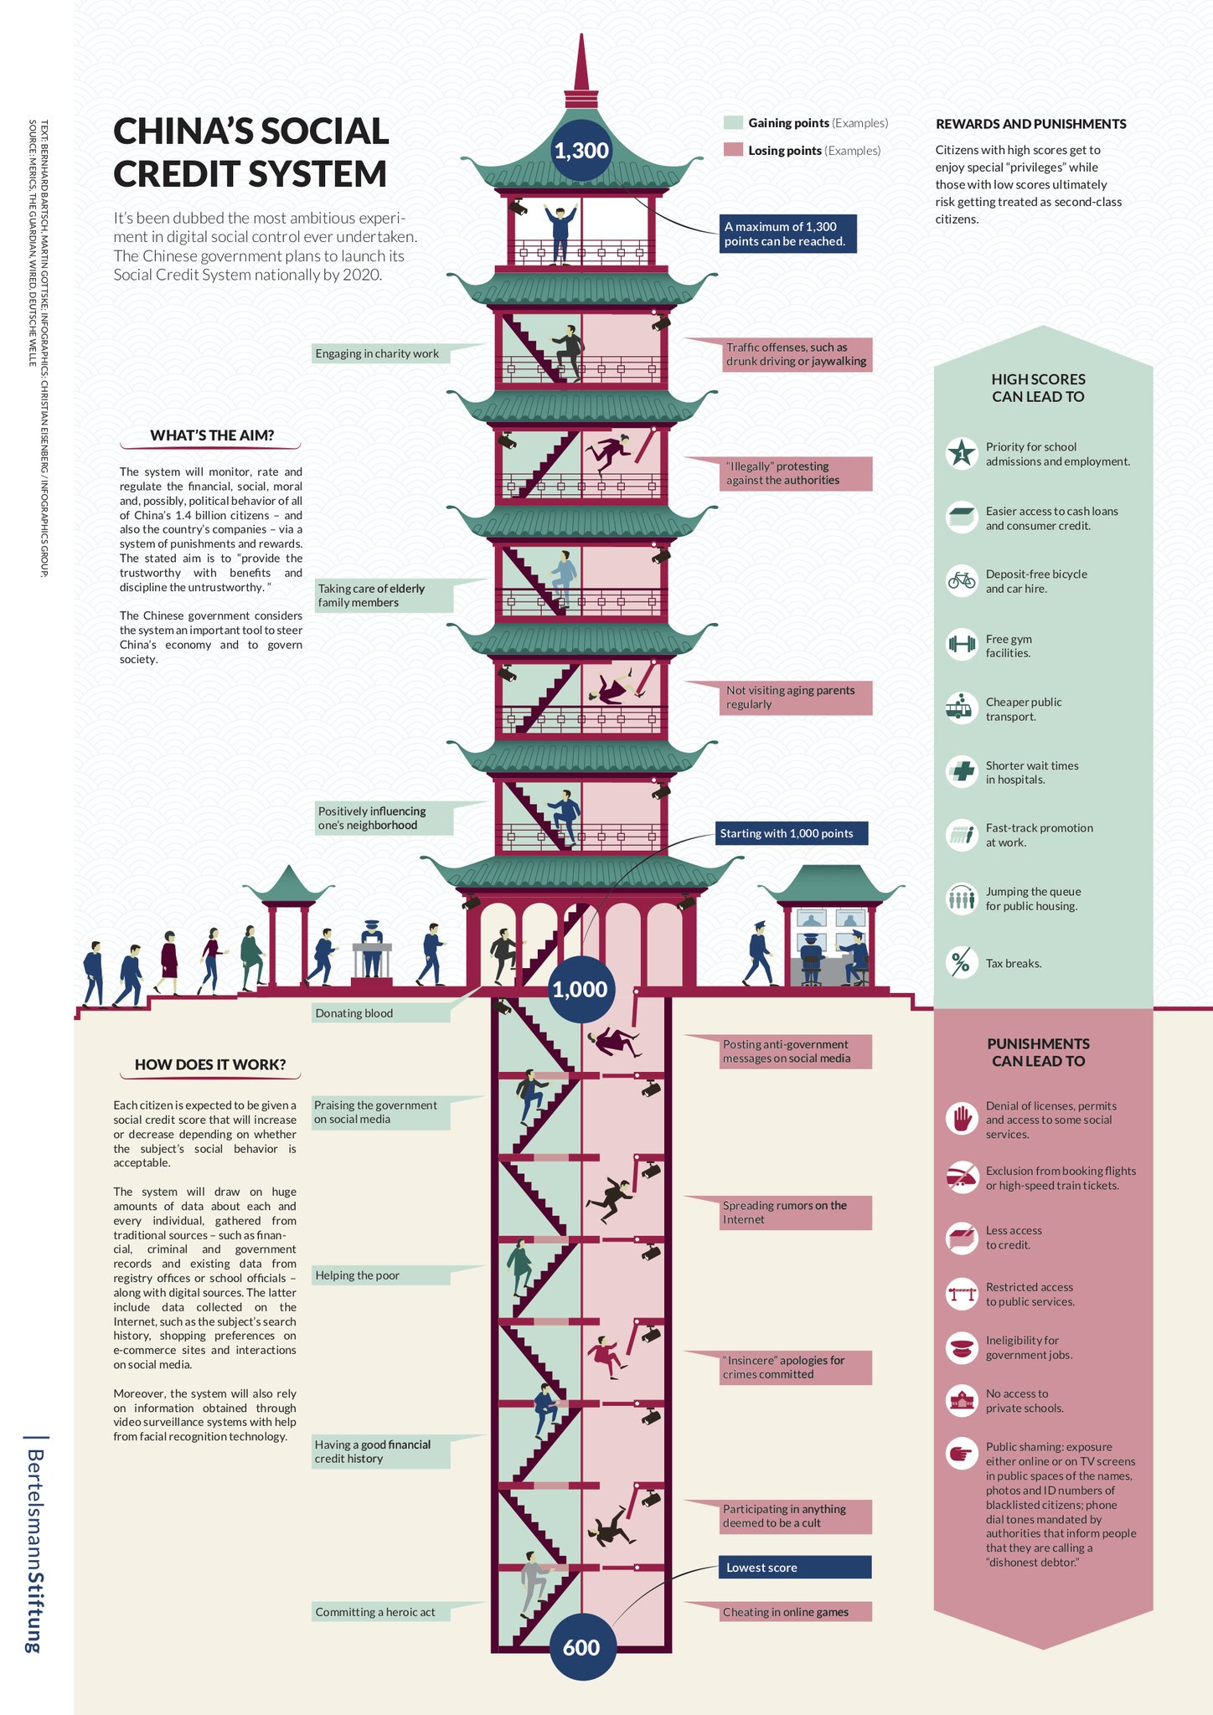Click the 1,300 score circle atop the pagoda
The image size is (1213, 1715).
click(581, 151)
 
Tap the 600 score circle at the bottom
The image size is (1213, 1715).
click(581, 1646)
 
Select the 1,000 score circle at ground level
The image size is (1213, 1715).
click(580, 989)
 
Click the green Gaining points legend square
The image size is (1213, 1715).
click(733, 123)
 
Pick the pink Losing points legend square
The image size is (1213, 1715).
click(733, 150)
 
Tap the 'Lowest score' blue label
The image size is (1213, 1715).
click(793, 1567)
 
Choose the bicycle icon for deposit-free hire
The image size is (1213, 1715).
click(962, 580)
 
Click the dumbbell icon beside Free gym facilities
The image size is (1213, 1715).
click(962, 644)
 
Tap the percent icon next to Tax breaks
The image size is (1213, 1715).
click(961, 962)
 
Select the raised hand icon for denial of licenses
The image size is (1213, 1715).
click(961, 1118)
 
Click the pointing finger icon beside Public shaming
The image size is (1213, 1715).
click(961, 1453)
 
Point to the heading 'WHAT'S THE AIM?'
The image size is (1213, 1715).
click(212, 435)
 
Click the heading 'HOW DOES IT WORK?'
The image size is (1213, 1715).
click(210, 1064)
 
